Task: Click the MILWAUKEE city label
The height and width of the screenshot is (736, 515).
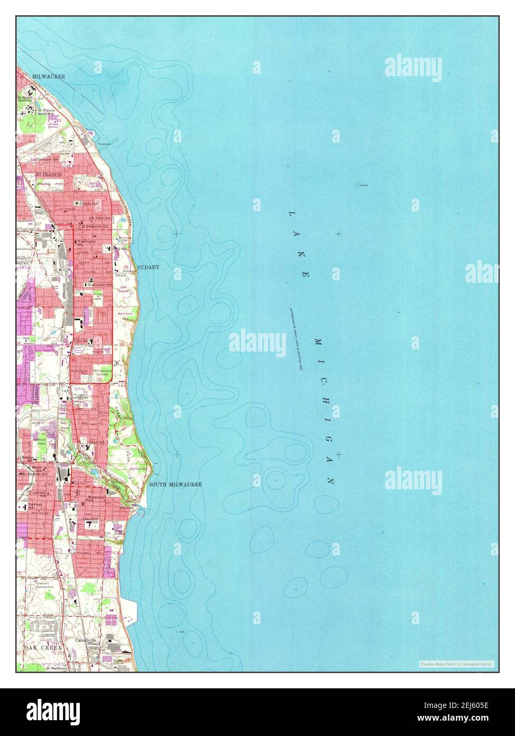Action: (48, 77)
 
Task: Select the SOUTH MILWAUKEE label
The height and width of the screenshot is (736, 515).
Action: (174, 484)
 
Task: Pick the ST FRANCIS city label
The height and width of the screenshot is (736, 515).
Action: (48, 174)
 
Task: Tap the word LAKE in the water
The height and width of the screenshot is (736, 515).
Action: (298, 244)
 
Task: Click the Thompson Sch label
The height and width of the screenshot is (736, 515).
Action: (47, 159)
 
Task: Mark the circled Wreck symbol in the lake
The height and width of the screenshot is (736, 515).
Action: (357, 185)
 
